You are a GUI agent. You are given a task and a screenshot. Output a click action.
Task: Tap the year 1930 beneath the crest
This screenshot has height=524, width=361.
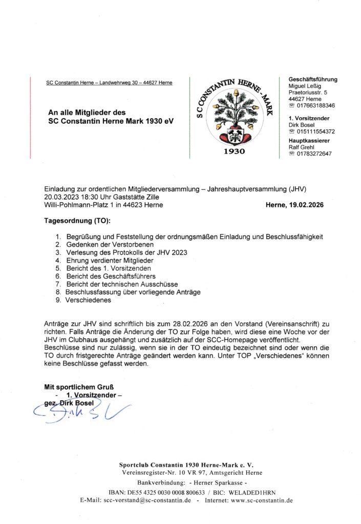click(234, 152)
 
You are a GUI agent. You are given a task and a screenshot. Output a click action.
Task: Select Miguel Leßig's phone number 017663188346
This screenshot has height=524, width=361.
click(315, 106)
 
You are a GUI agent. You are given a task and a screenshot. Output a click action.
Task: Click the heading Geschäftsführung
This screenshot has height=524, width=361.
click(313, 79)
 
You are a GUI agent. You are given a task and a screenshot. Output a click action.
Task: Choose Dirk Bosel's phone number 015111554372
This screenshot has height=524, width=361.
click(315, 132)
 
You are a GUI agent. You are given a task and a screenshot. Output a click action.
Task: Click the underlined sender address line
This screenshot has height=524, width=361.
click(109, 83)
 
